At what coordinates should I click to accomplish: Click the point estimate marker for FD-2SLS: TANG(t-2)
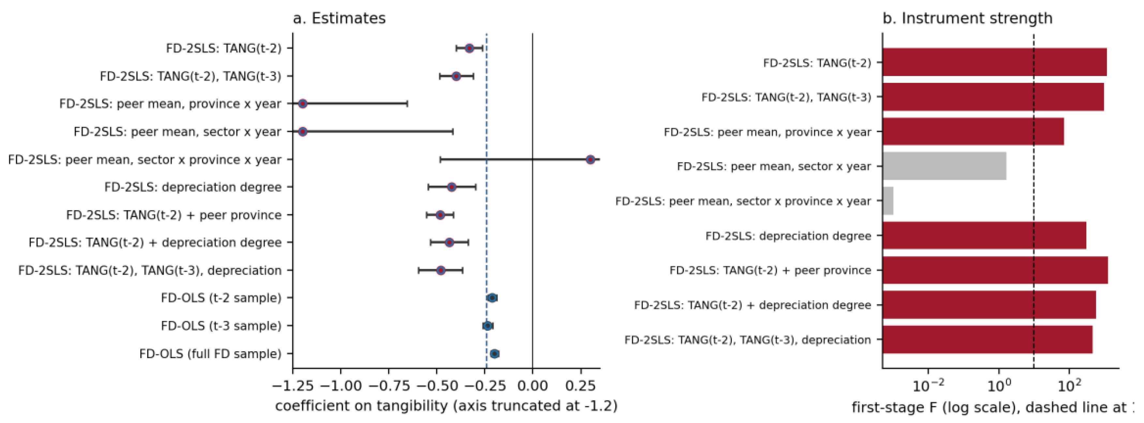(469, 48)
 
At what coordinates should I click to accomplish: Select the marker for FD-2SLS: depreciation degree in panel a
(451, 187)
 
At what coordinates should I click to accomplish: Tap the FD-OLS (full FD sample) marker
(494, 354)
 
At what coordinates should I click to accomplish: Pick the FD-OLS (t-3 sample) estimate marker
(487, 326)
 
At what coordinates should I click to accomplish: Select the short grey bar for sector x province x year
(888, 201)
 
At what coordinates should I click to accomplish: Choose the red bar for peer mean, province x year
(973, 131)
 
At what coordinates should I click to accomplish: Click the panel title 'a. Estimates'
(339, 18)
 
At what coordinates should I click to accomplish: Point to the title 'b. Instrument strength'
(967, 18)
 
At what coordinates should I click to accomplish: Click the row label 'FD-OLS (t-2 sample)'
(221, 298)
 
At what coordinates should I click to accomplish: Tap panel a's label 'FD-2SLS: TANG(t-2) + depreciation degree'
(155, 243)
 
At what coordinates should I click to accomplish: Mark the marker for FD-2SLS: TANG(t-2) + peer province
(440, 215)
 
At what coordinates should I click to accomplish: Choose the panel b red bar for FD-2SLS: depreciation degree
(984, 235)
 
